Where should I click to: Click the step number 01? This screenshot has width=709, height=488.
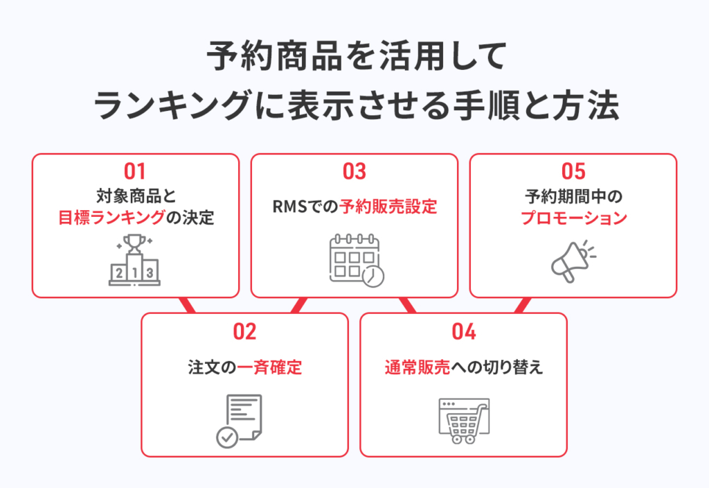click(x=135, y=172)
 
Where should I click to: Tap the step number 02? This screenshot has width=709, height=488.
click(x=244, y=332)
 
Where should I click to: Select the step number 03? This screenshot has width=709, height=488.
click(x=354, y=172)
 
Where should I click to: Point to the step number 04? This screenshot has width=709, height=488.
click(x=464, y=332)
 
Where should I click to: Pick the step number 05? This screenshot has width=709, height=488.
click(x=573, y=172)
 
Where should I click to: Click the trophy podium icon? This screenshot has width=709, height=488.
click(x=135, y=260)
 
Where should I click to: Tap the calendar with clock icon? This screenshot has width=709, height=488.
click(x=357, y=261)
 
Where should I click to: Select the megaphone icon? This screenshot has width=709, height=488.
click(x=573, y=261)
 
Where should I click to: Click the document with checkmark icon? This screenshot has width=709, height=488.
click(x=239, y=421)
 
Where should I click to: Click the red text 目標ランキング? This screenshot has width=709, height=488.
click(x=111, y=218)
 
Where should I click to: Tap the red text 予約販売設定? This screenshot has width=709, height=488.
click(x=388, y=207)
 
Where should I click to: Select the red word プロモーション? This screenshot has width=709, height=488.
click(x=574, y=218)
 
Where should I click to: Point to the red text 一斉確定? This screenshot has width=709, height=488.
click(x=269, y=367)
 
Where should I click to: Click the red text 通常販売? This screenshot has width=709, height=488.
click(x=418, y=367)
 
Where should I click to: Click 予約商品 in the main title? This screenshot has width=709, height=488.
click(x=274, y=56)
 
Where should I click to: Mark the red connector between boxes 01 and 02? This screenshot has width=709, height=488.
click(x=188, y=305)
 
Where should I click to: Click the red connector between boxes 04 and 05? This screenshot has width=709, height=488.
click(x=522, y=305)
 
